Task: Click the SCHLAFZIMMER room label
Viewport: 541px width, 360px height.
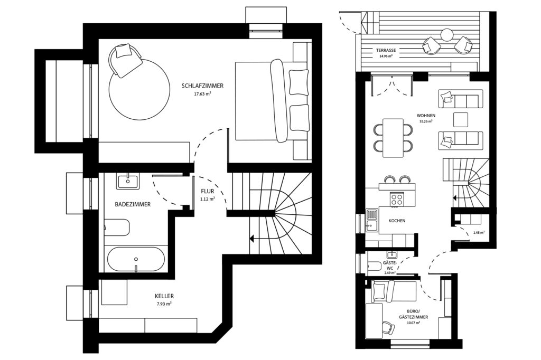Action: click(x=202, y=86)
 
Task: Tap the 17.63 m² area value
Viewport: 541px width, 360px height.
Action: click(x=202, y=94)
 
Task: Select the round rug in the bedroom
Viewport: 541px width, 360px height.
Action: click(x=139, y=90)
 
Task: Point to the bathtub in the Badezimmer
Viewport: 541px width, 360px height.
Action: click(x=136, y=259)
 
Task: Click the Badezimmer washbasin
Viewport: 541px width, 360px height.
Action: click(x=128, y=182)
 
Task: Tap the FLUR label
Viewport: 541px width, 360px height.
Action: click(x=207, y=191)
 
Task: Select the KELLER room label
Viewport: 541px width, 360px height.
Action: click(x=165, y=296)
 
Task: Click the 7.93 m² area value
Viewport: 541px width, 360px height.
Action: click(x=165, y=304)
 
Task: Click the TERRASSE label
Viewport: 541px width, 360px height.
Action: click(x=386, y=51)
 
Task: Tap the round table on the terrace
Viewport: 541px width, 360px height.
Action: click(x=447, y=35)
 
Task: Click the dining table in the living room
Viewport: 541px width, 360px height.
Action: click(x=393, y=137)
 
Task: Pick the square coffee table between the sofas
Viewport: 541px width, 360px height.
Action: click(x=460, y=119)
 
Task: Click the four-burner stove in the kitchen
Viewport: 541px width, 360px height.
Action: click(x=397, y=199)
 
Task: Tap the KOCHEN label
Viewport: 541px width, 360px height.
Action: click(x=397, y=221)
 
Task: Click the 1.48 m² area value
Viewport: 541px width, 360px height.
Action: click(x=479, y=232)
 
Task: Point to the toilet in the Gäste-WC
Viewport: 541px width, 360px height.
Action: click(x=373, y=266)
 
